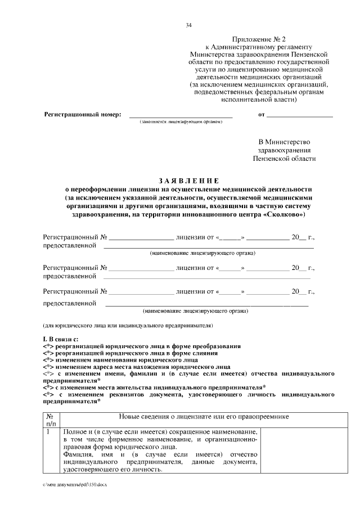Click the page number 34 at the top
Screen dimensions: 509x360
[188, 25]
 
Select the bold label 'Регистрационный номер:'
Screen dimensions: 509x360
[83, 115]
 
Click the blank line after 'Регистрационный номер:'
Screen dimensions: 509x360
[181, 115]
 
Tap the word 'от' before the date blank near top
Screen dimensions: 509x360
[261, 115]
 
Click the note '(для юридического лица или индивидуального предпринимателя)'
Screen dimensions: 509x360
[128, 326]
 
